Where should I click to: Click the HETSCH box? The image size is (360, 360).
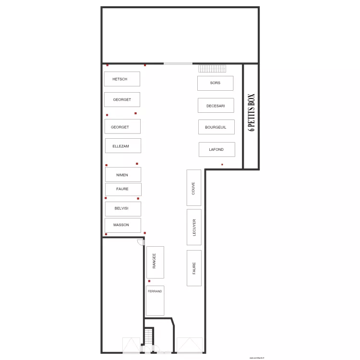122,79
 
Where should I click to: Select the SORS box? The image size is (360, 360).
215,83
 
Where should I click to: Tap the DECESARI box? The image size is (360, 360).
216,106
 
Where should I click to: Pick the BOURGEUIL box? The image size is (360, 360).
216,127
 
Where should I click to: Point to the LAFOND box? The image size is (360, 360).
216,149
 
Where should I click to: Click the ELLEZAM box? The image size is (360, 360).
123,146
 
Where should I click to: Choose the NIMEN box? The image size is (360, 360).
123,175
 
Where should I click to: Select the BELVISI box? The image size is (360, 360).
123,209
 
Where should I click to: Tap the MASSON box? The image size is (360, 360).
123,225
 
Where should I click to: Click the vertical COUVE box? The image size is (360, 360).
194,188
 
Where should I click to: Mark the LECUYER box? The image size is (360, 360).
194,227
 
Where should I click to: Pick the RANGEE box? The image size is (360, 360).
155,263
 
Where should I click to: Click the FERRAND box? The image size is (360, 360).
155,300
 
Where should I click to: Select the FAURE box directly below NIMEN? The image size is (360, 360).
123,189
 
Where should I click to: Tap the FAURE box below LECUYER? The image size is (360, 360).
194,268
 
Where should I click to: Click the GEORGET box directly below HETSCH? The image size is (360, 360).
122,100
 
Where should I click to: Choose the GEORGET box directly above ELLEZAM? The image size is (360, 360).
122,127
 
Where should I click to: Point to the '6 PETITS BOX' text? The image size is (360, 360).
251,112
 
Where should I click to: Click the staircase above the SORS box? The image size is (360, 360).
212,69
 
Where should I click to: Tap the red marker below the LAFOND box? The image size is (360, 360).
222,165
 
